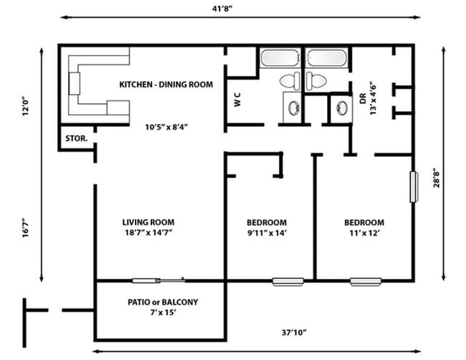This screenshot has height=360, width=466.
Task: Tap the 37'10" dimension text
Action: [294, 332]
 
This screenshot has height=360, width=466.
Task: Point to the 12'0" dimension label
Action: [26, 106]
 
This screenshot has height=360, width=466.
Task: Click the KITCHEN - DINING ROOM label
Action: [166, 85]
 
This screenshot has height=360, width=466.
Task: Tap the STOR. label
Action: [76, 138]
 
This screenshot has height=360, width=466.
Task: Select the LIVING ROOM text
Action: [148, 222]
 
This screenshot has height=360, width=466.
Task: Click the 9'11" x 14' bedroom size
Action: [266, 232]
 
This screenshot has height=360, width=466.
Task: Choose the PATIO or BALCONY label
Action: [162, 302]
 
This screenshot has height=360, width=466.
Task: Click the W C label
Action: [237, 100]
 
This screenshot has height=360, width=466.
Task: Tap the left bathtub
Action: [281, 58]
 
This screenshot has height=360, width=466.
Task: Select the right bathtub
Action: [326, 58]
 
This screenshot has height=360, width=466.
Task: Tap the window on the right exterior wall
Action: [413, 188]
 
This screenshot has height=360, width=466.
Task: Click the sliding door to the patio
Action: [159, 280]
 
